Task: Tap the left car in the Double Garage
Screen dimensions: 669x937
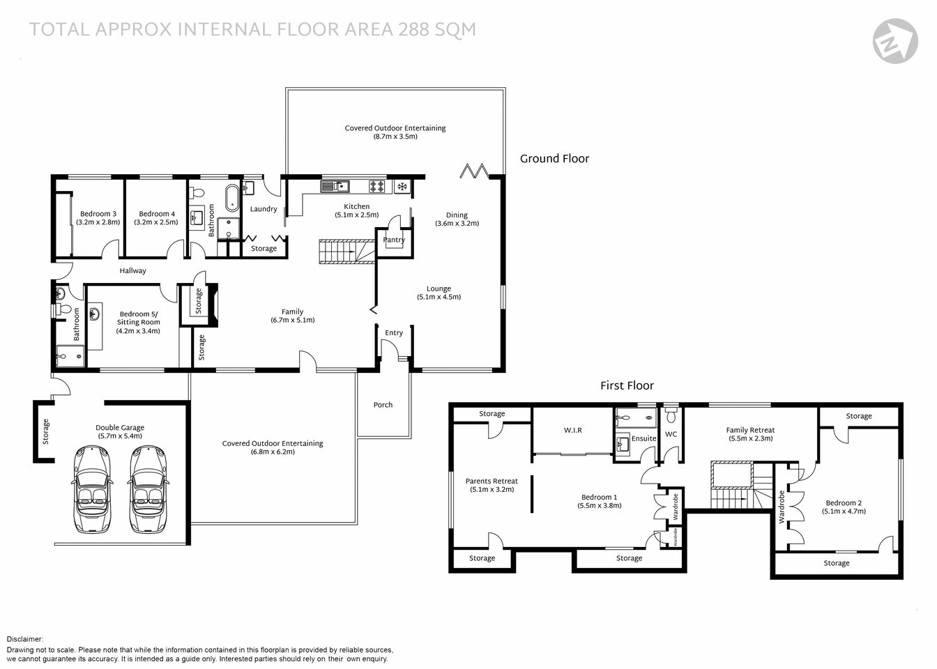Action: (92, 489)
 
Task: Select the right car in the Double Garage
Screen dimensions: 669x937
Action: (146, 489)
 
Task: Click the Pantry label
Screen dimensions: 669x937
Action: (394, 240)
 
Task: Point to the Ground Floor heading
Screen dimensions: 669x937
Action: (554, 159)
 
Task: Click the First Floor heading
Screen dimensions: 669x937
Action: (627, 385)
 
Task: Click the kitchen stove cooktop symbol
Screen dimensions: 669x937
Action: (377, 186)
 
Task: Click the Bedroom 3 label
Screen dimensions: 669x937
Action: (98, 214)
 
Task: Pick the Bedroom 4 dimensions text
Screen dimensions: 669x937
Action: (156, 222)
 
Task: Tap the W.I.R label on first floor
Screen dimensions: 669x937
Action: (572, 431)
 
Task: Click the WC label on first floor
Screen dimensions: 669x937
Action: (671, 434)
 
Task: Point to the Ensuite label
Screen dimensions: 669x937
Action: (643, 438)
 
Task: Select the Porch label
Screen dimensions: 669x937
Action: (383, 405)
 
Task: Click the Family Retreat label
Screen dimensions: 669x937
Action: (750, 430)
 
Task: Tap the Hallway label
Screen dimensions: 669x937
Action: (132, 271)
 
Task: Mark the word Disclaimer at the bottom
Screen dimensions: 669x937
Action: (25, 639)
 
